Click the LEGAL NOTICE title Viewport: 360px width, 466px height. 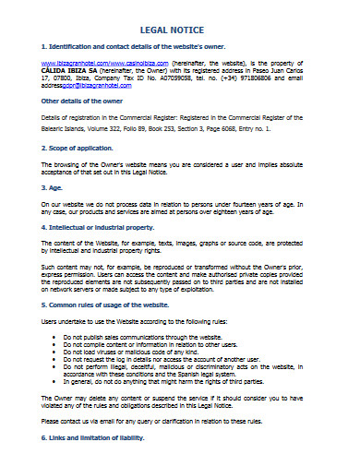180,29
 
